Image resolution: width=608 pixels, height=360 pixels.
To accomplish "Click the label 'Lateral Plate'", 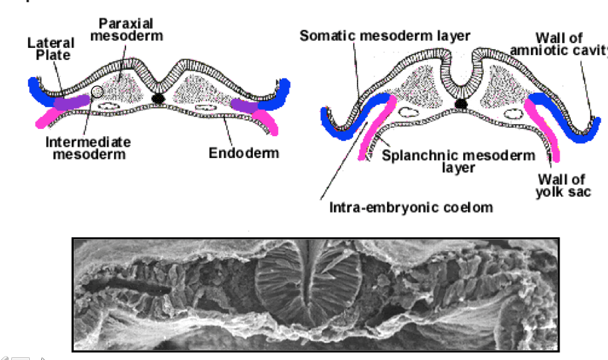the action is [x=50, y=49].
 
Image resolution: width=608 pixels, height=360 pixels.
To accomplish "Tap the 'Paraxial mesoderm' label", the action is [x=126, y=30].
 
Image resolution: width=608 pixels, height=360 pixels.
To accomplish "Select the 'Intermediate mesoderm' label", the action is [x=88, y=148].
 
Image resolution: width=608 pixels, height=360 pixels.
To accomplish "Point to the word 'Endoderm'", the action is [x=244, y=153].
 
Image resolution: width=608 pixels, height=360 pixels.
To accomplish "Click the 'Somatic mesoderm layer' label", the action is [x=385, y=35].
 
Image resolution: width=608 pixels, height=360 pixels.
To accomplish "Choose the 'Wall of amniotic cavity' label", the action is [x=571, y=44].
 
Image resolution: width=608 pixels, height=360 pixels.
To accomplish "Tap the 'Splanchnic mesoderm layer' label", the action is [x=459, y=161].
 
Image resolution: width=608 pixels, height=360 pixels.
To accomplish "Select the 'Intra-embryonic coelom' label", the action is [x=412, y=207].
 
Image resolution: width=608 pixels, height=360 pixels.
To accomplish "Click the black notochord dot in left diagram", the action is [x=158, y=98].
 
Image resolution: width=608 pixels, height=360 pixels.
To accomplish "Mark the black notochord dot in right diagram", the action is [x=461, y=103].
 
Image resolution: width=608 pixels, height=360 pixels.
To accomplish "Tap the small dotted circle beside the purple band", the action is [x=98, y=92].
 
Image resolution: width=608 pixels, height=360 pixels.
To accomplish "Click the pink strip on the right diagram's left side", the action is [x=376, y=130].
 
